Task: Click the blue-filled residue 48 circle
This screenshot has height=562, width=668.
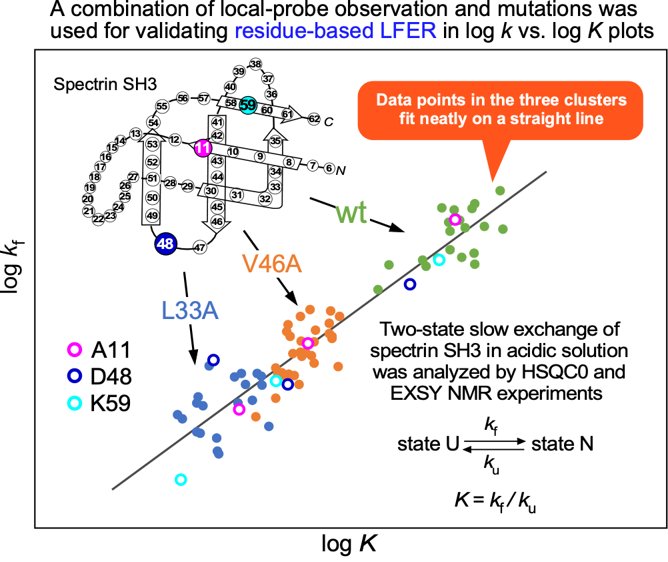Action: (x=165, y=244)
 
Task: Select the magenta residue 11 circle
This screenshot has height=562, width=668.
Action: (x=203, y=148)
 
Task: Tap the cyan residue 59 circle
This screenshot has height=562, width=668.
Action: (x=247, y=105)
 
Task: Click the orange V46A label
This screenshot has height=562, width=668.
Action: (x=272, y=264)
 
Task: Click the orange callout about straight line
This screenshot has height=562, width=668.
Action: (x=501, y=109)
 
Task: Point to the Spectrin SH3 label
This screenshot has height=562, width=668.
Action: (x=96, y=84)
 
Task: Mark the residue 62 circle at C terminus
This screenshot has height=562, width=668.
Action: (x=314, y=118)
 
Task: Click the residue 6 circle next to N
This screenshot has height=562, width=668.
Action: (x=329, y=168)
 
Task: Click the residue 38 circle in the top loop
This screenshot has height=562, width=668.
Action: (x=255, y=63)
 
